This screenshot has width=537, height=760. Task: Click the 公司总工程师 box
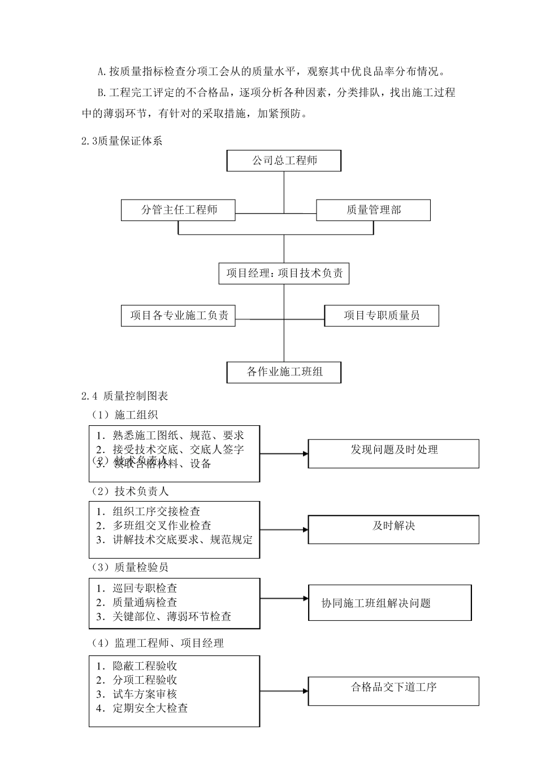[284, 161]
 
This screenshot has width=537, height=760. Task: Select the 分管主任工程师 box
[178, 210]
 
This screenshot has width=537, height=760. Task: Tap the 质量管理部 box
[373, 210]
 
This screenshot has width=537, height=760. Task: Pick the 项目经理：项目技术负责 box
[284, 274]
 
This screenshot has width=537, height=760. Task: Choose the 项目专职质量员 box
[382, 316]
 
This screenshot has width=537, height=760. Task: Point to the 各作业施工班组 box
[284, 372]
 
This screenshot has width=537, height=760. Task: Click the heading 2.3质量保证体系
[122, 141]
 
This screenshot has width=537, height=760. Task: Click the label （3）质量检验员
[129, 567]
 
